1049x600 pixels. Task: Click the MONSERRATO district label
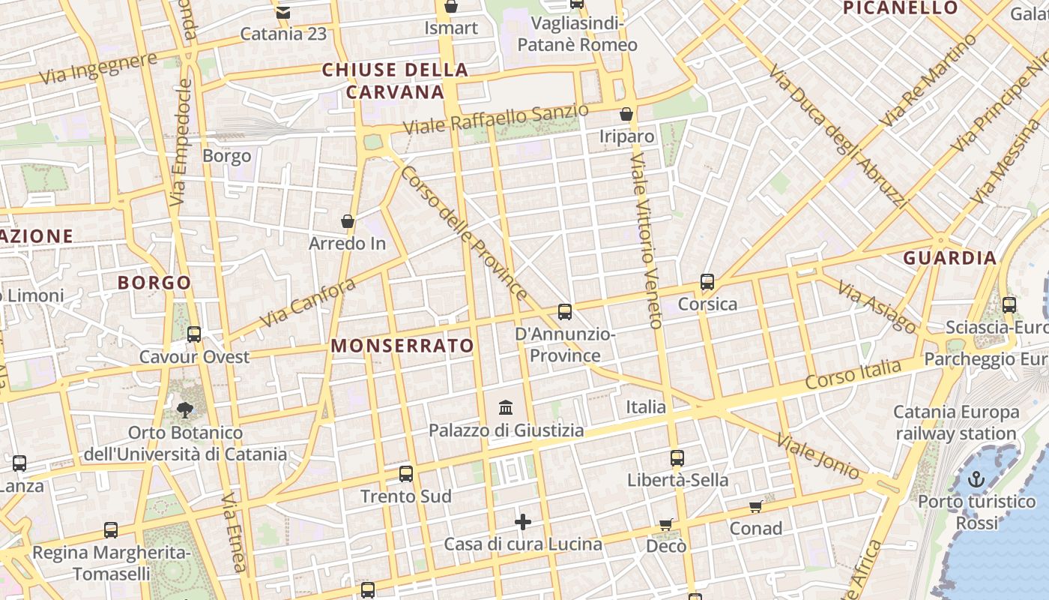[x=402, y=345]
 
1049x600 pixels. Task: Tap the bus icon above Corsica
[x=707, y=282]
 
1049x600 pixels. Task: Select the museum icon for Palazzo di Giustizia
[x=506, y=408]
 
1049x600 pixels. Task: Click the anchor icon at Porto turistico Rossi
[x=976, y=479]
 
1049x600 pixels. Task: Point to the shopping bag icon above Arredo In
[x=348, y=221]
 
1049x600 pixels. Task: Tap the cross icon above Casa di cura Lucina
[x=523, y=521]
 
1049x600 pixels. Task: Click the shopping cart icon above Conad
[x=756, y=507]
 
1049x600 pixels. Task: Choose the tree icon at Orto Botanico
[x=184, y=410]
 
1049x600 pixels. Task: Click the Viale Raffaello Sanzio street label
[x=495, y=119]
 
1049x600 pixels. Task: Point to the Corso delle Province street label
[x=465, y=232]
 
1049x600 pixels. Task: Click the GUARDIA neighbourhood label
[x=949, y=258]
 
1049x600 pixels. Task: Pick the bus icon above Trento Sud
[x=405, y=473]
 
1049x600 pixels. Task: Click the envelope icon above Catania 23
[x=282, y=12]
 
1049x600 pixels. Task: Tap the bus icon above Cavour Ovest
[x=194, y=334]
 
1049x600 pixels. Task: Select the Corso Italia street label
[x=853, y=373]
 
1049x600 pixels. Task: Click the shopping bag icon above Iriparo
[x=626, y=115]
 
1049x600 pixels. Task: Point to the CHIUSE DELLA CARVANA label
[x=395, y=81]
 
